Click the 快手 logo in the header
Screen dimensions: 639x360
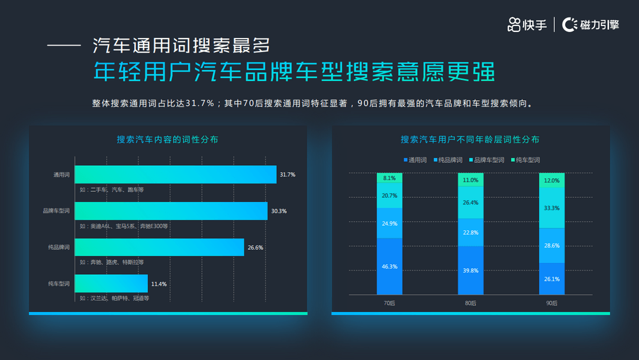pyautogui.click(x=527, y=25)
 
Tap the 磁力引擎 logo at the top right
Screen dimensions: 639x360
pyautogui.click(x=590, y=25)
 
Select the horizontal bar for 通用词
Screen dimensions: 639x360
pyautogui.click(x=176, y=175)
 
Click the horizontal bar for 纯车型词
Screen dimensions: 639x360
pyautogui.click(x=111, y=284)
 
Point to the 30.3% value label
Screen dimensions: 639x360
pyautogui.click(x=279, y=211)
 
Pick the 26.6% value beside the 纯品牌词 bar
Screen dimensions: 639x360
pyautogui.click(x=256, y=247)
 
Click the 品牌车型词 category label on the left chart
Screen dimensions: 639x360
pyautogui.click(x=56, y=211)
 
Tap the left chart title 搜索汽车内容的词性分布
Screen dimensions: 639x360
pyautogui.click(x=167, y=139)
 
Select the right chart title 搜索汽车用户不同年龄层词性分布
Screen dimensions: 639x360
pyautogui.click(x=470, y=139)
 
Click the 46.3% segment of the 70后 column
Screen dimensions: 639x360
pyautogui.click(x=389, y=266)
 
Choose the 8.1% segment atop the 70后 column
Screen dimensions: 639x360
pyautogui.click(x=389, y=178)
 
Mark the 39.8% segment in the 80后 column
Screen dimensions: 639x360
pyautogui.click(x=470, y=271)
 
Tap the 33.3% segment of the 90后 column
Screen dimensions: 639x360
pyautogui.click(x=551, y=208)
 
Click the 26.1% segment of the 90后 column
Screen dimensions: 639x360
pyautogui.click(x=551, y=279)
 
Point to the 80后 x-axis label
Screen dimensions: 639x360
pyautogui.click(x=470, y=303)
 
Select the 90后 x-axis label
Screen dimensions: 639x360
pyautogui.click(x=551, y=303)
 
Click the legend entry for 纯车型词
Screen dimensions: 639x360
pyautogui.click(x=525, y=160)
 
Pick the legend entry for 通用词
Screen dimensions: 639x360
pyautogui.click(x=415, y=160)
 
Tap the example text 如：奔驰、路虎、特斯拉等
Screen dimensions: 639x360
pyautogui.click(x=112, y=262)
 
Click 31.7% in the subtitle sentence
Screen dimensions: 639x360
pyautogui.click(x=200, y=104)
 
